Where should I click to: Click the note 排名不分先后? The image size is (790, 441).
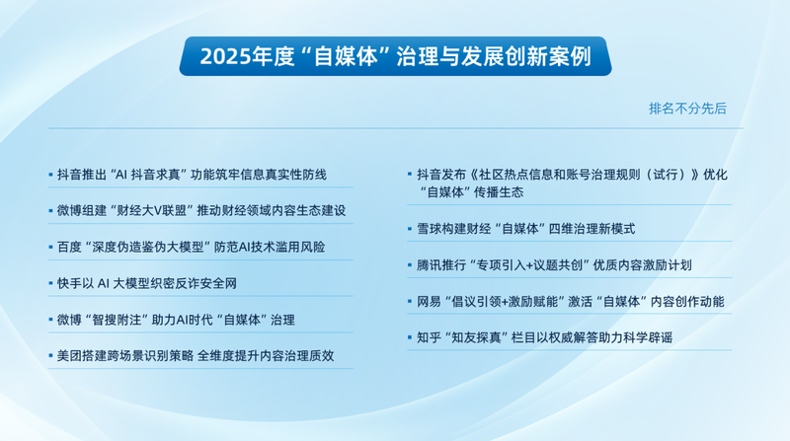(x=687, y=109)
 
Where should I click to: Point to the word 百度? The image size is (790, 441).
(x=70, y=247)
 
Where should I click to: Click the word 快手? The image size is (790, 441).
(x=70, y=283)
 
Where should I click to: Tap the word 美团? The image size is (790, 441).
(x=70, y=354)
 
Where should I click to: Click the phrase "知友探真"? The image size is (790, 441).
(x=483, y=336)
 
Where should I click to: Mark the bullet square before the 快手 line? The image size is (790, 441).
(x=50, y=283)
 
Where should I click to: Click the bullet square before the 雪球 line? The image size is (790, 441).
(x=410, y=229)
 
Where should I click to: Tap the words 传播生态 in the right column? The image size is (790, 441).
(x=495, y=191)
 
